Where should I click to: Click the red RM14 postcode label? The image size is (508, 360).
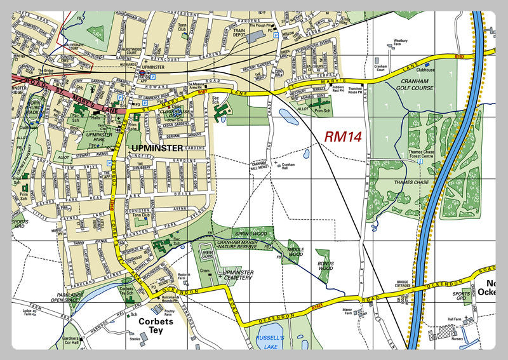pyautogui.click(x=343, y=137)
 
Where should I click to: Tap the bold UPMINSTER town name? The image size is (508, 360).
pyautogui.click(x=155, y=148)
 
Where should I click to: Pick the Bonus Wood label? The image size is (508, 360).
pyautogui.click(x=324, y=265)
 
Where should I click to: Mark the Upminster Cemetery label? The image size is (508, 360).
pyautogui.click(x=236, y=276)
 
